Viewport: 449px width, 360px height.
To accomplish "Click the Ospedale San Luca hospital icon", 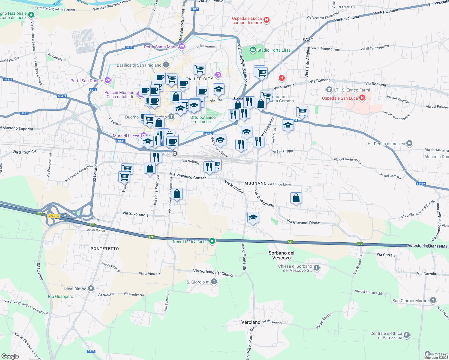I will tap(362, 97).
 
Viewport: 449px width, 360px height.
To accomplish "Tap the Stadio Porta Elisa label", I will tap(274, 50).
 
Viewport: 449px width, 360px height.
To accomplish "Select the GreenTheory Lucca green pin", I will tap(212, 241).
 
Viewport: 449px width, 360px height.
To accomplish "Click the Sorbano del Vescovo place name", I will tap(281, 255).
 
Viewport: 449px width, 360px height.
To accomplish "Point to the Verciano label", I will tap(251, 322).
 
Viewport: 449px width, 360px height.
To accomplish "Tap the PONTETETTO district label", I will tap(105, 249).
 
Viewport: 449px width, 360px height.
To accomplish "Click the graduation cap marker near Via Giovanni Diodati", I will tap(253, 217).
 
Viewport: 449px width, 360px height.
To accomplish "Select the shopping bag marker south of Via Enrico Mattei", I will tap(296, 198).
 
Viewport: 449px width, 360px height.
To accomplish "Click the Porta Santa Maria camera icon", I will tap(182, 46).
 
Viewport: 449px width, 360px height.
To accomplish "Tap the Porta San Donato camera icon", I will tap(108, 80).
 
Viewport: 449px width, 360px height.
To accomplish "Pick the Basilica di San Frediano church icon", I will tap(166, 65).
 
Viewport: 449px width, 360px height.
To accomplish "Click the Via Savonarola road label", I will tap(135, 214).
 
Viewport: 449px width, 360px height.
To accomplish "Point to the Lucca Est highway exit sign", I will tap(54, 216).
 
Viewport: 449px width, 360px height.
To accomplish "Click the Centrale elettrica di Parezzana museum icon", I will tap(407, 335).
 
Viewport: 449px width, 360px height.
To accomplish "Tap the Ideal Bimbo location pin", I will tap(91, 289).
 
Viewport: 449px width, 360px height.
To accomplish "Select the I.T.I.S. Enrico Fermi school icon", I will tap(329, 90).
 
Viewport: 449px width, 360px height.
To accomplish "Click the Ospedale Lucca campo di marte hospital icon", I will tap(266, 20).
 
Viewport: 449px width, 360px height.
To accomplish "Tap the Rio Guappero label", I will tap(61, 296).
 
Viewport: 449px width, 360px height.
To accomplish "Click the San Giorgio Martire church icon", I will tap(433, 300).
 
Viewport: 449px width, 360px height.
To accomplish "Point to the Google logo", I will tap(10, 356).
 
